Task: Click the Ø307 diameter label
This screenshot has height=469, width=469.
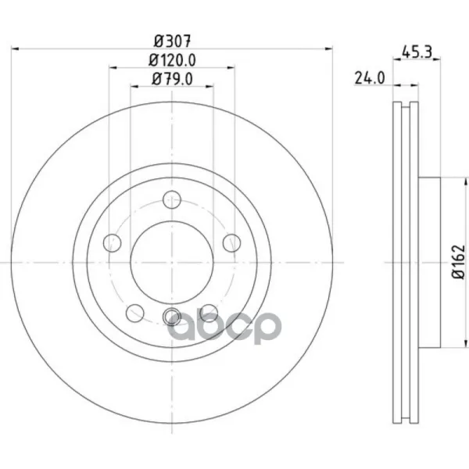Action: coord(172,41)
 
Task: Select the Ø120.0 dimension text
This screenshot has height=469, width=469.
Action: coord(172,60)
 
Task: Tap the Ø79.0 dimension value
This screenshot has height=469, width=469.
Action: coord(172,79)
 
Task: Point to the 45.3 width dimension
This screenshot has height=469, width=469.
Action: coord(417,52)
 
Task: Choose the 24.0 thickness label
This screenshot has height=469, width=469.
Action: coord(370,78)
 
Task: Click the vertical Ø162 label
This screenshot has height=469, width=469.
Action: coord(459,262)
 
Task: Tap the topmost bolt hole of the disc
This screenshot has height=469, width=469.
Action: coord(172,199)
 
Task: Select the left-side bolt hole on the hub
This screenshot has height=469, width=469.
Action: coord(112,243)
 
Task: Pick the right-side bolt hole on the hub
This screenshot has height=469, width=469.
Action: coord(232,243)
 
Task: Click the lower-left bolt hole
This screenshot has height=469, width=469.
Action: coord(135,313)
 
